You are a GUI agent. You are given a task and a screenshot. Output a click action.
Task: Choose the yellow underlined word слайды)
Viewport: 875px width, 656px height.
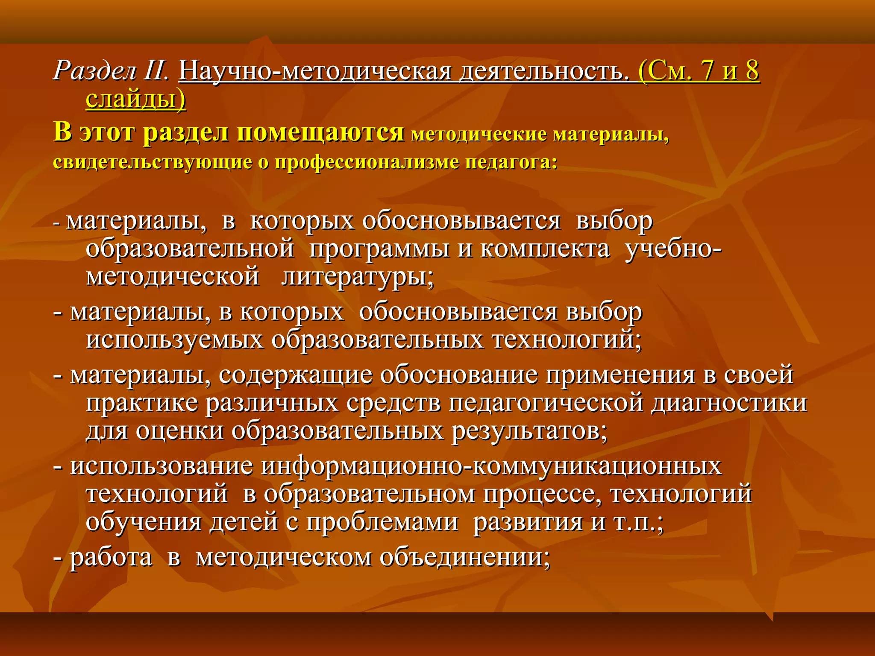[136, 99]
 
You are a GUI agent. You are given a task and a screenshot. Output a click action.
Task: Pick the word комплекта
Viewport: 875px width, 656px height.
[545, 249]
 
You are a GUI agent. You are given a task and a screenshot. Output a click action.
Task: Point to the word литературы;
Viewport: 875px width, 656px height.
[357, 277]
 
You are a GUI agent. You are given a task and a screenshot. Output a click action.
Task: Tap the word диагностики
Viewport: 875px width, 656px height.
[729, 403]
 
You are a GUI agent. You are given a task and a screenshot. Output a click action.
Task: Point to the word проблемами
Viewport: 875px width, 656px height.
[382, 522]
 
